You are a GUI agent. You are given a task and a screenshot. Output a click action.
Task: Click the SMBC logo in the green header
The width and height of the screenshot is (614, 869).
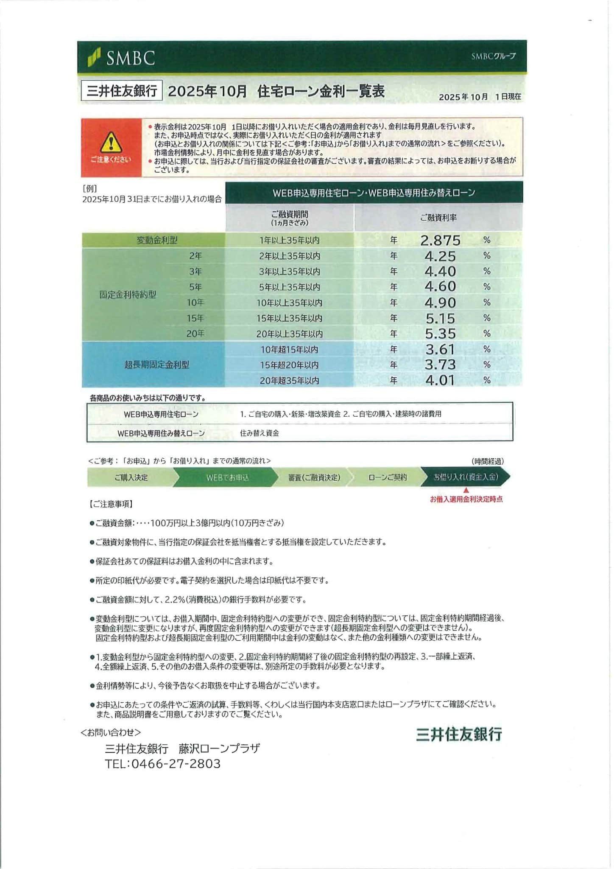pyautogui.click(x=122, y=57)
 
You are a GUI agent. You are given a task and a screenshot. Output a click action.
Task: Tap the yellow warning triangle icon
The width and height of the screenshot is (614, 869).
pyautogui.click(x=111, y=142)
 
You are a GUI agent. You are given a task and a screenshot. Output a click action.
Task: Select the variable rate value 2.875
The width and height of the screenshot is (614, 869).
pyautogui.click(x=440, y=241)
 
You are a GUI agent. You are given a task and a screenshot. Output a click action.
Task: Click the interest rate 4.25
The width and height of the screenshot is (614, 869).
pyautogui.click(x=440, y=256)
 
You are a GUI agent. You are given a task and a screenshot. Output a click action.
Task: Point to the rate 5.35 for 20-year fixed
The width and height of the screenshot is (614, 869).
pyautogui.click(x=440, y=334)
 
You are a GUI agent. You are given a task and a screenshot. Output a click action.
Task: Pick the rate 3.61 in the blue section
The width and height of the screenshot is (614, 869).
pyautogui.click(x=440, y=349)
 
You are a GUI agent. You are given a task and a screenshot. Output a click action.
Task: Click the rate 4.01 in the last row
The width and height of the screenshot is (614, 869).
pyautogui.click(x=440, y=380)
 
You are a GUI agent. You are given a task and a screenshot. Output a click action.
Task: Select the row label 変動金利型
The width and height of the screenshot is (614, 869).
pyautogui.click(x=157, y=240)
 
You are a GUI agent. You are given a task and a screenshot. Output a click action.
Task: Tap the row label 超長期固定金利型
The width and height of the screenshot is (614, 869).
pyautogui.click(x=157, y=364)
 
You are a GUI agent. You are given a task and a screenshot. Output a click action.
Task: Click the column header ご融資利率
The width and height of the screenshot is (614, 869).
pyautogui.click(x=438, y=218)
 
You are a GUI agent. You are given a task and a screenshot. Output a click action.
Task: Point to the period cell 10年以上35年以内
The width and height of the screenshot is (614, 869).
pyautogui.click(x=289, y=303)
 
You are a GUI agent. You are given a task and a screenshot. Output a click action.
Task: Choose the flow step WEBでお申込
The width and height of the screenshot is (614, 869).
pyautogui.click(x=227, y=478)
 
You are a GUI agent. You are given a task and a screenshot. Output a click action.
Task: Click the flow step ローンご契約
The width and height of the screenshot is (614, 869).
pyautogui.click(x=388, y=477)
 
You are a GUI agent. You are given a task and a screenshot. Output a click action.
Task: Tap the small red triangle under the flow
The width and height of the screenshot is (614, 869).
pyautogui.click(x=466, y=491)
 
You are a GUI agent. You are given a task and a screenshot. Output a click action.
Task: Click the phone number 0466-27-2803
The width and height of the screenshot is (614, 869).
pyautogui.click(x=176, y=764)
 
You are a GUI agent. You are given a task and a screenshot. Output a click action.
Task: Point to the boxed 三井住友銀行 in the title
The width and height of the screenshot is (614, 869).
pyautogui.click(x=122, y=91)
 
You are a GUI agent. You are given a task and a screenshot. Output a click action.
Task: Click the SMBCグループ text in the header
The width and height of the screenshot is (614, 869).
pyautogui.click(x=493, y=56)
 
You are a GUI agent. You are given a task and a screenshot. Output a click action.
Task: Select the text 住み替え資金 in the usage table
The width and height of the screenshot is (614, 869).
pyautogui.click(x=260, y=433)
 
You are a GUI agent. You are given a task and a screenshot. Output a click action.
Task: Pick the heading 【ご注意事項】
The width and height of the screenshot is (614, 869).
pyautogui.click(x=111, y=504)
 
